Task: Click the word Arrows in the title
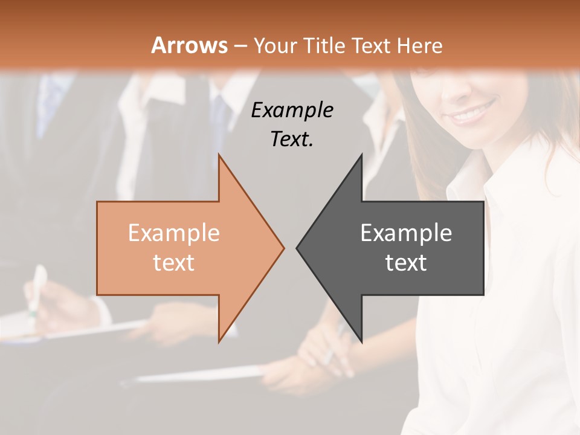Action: pyautogui.click(x=190, y=45)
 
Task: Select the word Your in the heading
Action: pyautogui.click(x=276, y=45)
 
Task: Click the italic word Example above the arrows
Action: pyautogui.click(x=292, y=111)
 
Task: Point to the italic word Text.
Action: pyautogui.click(x=292, y=139)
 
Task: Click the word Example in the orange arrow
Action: pyautogui.click(x=174, y=233)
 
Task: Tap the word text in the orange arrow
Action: pyautogui.click(x=174, y=263)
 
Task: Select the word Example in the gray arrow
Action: pyautogui.click(x=406, y=233)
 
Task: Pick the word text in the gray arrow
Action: pyautogui.click(x=406, y=263)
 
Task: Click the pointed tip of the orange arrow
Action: pyautogui.click(x=283, y=248)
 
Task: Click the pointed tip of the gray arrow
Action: pyautogui.click(x=297, y=248)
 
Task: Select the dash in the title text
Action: pyautogui.click(x=240, y=46)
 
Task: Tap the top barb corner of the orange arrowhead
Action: pyautogui.click(x=219, y=155)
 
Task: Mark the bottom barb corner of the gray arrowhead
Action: pyautogui.click(x=361, y=342)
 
